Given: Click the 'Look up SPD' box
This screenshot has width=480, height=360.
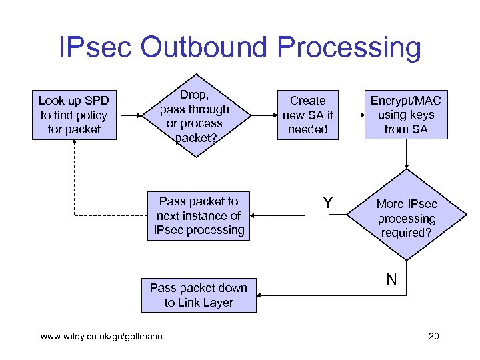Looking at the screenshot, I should tap(74, 115).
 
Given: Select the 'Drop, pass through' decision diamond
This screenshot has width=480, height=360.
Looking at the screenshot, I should tap(195, 115).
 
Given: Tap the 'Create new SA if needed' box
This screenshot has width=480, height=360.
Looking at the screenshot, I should tap(307, 115).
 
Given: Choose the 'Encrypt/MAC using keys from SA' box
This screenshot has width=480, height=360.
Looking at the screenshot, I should tap(406, 115).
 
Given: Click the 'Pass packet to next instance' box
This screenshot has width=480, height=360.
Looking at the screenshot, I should tap(198, 215).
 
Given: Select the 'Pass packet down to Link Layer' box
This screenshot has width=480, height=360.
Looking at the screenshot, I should tap(198, 295).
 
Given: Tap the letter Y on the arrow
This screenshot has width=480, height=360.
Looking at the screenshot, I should tap(328, 203).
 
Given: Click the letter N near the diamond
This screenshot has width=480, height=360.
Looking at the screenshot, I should tap(391, 279).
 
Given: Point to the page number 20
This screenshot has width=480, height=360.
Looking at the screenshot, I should tap(433, 336).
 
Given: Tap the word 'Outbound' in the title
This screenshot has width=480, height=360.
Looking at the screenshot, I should tap(211, 49).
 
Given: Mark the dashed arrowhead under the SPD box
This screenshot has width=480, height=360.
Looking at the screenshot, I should tap(75, 143).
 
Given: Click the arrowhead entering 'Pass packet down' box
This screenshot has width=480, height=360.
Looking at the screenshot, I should tap(259, 295).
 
